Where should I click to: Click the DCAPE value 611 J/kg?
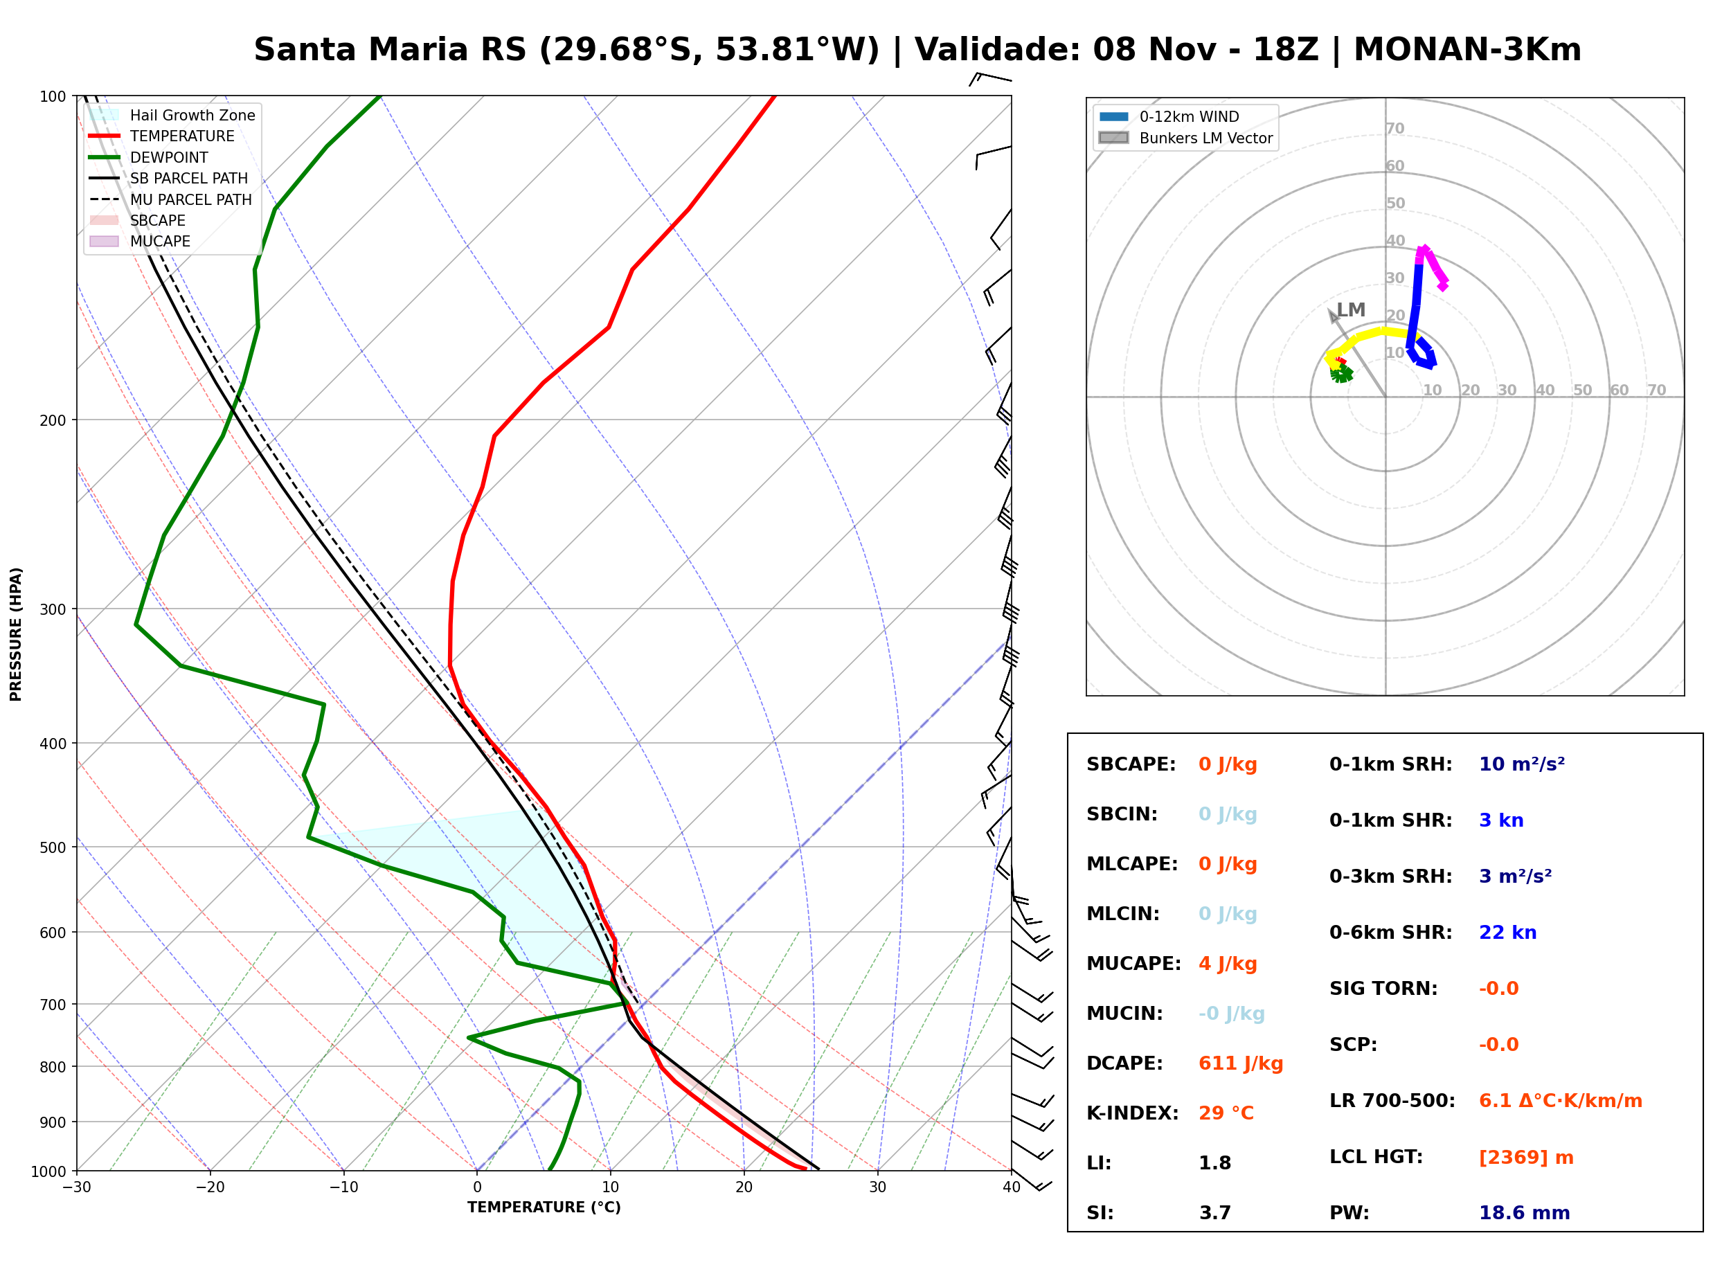[x=1241, y=1063]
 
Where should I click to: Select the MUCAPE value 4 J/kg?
[x=1228, y=964]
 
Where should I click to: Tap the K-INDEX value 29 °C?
[x=1226, y=1113]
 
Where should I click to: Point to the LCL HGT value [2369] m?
[x=1526, y=1158]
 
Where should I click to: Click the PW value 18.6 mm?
[x=1525, y=1213]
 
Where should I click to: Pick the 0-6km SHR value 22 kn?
[x=1507, y=933]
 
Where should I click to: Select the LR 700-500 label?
[x=1392, y=1102]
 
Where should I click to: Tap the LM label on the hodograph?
[x=1351, y=310]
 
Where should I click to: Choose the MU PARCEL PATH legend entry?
[x=171, y=199]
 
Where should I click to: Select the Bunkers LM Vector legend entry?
[x=1185, y=138]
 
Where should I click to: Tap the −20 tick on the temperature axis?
[x=209, y=1187]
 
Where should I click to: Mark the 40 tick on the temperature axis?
[x=1011, y=1187]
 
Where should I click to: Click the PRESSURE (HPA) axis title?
[x=15, y=633]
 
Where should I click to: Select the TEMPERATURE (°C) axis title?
[x=544, y=1207]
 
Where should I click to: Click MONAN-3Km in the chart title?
[x=1467, y=50]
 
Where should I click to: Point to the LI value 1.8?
[x=1214, y=1163]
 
